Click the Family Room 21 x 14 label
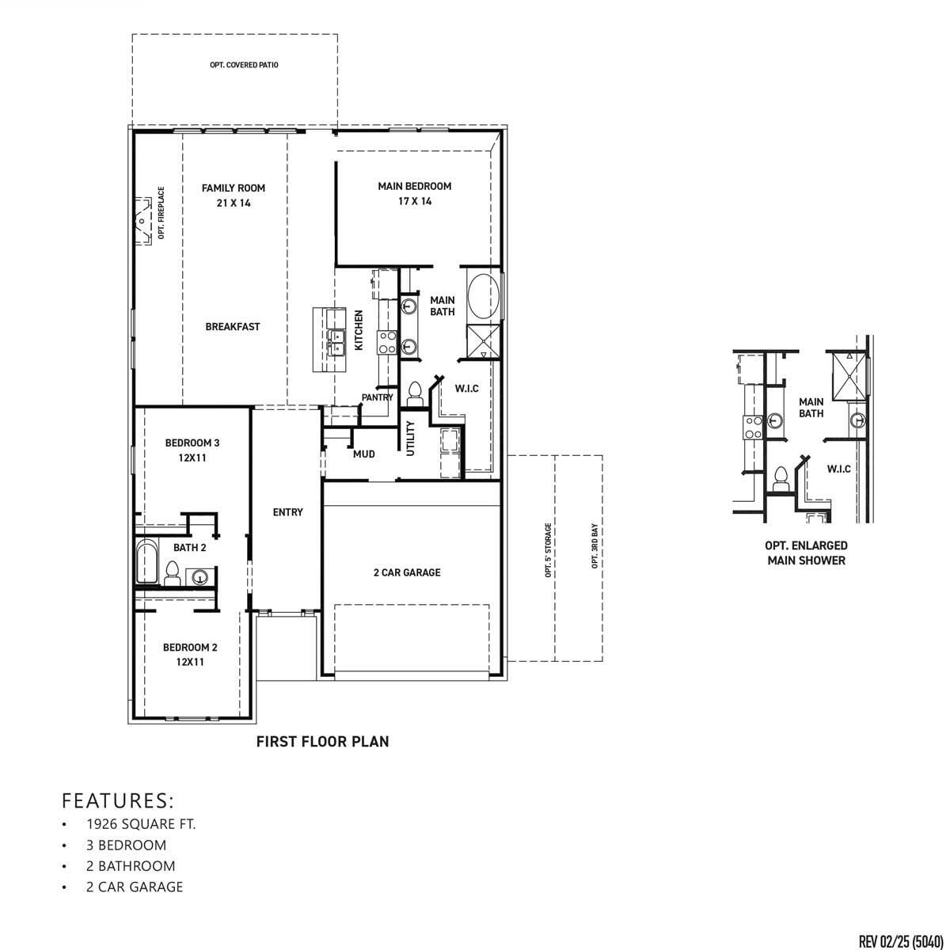(x=233, y=195)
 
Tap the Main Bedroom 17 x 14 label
(x=414, y=193)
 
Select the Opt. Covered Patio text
(x=244, y=65)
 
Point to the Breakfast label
(x=233, y=326)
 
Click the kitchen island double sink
(x=336, y=341)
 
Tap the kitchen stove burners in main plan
(x=387, y=341)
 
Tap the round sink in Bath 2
(x=200, y=577)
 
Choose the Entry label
(x=287, y=512)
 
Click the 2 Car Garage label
(x=407, y=572)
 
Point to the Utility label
(x=410, y=438)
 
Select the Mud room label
(x=363, y=454)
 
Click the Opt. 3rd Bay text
(x=594, y=546)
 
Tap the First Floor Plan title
(x=322, y=742)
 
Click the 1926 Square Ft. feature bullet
(x=141, y=824)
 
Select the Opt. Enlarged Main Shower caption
(x=806, y=553)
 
